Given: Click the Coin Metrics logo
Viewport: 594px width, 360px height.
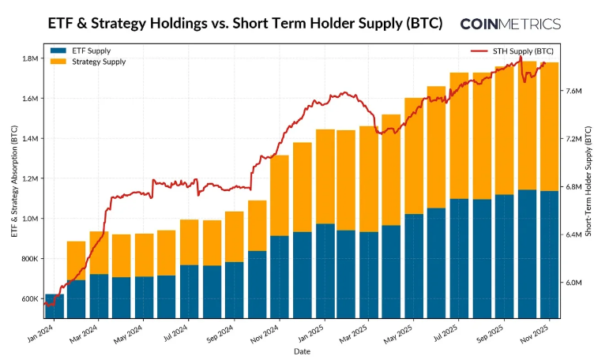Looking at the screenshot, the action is click(x=510, y=24).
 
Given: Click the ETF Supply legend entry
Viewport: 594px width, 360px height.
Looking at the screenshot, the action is click(x=81, y=51).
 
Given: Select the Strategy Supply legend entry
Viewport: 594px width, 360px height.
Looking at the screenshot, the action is click(x=88, y=62).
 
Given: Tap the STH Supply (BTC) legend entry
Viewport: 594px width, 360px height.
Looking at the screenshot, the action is click(x=512, y=51).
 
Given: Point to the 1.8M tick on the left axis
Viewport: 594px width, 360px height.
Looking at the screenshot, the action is click(x=31, y=58).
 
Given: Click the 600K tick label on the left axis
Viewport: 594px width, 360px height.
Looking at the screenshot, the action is click(x=30, y=299).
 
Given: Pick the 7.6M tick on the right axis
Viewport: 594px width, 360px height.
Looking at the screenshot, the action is click(x=573, y=91).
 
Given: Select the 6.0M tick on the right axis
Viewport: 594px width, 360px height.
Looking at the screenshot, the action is click(x=573, y=283).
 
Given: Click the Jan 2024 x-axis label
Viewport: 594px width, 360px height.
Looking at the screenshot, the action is click(x=41, y=333).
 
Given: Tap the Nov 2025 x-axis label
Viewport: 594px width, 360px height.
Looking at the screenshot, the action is click(x=534, y=334).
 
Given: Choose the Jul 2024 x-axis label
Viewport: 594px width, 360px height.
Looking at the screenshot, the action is click(x=175, y=333).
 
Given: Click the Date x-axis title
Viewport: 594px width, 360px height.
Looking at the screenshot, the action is click(x=302, y=351).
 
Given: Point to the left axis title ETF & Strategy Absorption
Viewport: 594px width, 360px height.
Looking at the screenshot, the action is click(x=14, y=182).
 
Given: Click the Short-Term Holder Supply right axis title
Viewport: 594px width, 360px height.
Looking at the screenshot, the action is click(x=588, y=182).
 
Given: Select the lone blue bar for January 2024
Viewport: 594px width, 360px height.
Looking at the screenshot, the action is click(x=55, y=306).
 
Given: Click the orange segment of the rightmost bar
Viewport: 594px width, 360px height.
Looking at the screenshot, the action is click(x=550, y=127).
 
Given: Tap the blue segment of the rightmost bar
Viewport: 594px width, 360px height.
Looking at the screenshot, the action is click(x=550, y=254).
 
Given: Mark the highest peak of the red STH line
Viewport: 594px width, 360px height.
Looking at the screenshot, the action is click(x=521, y=56).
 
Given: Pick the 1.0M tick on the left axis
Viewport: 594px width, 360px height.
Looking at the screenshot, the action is click(x=31, y=219).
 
